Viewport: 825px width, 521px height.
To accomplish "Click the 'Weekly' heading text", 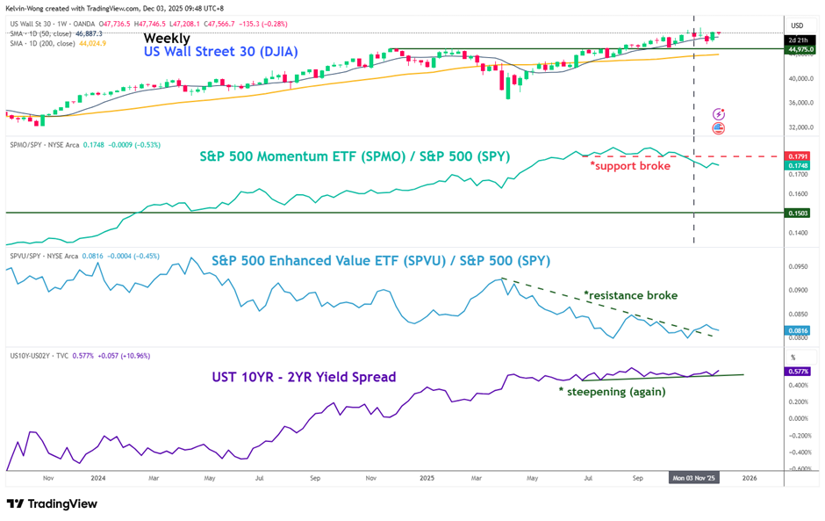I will click(x=167, y=38).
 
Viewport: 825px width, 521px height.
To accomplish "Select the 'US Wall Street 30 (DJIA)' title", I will click(x=220, y=53).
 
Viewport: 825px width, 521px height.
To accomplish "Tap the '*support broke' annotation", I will click(x=629, y=165).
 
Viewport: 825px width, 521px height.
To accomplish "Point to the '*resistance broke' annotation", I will click(x=630, y=295).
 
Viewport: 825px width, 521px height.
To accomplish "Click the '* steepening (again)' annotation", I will click(x=613, y=392).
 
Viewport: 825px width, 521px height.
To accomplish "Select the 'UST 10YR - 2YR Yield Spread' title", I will click(x=304, y=377).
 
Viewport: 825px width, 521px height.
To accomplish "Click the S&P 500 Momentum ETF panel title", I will click(x=355, y=157).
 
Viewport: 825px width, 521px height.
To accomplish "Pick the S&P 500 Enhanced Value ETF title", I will click(x=381, y=261).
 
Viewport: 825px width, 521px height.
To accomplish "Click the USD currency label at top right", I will click(x=797, y=25).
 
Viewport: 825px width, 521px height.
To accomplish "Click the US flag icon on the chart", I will click(x=719, y=128).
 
